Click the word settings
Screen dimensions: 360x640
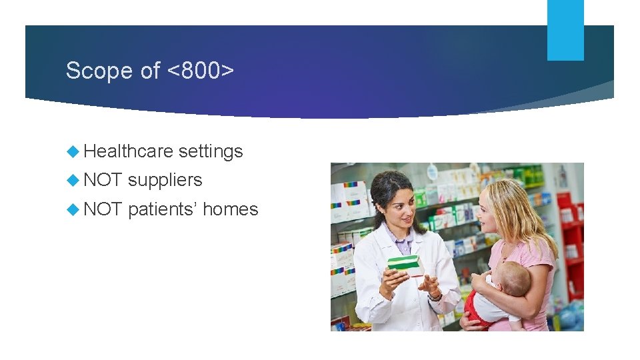(x=211, y=151)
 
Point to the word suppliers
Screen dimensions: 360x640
(x=165, y=180)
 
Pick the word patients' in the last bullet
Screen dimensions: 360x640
(x=162, y=209)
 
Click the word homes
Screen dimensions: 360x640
(x=230, y=209)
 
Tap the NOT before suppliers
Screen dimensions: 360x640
(x=103, y=180)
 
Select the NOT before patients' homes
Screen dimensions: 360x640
(x=103, y=209)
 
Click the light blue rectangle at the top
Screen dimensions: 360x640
(x=565, y=29)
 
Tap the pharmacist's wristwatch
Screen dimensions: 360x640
(x=436, y=295)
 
